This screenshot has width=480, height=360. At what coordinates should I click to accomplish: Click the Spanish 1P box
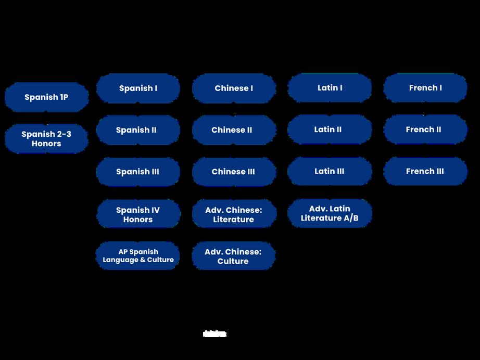[46, 97]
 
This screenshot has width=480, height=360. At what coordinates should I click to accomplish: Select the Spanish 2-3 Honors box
[46, 139]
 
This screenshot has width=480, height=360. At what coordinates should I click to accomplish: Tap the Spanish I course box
[138, 88]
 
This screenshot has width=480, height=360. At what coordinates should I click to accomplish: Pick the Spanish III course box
[138, 172]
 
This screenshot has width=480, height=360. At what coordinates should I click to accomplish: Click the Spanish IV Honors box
[138, 214]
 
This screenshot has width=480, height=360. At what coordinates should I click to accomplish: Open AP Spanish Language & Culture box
[138, 255]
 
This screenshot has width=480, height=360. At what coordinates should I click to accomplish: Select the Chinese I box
[234, 88]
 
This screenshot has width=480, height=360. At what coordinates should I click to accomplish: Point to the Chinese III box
[234, 172]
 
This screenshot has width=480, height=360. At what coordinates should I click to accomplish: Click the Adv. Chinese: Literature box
[234, 214]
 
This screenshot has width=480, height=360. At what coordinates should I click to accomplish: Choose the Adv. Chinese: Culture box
[233, 256]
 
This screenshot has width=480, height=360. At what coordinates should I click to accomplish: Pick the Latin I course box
[330, 88]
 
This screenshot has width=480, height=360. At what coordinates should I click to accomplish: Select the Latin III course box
[330, 171]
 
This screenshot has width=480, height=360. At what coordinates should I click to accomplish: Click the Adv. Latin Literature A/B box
[330, 213]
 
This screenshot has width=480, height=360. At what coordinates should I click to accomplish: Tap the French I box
[425, 88]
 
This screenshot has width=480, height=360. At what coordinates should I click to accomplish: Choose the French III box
[425, 171]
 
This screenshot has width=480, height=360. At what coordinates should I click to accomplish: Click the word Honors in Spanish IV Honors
[138, 220]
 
